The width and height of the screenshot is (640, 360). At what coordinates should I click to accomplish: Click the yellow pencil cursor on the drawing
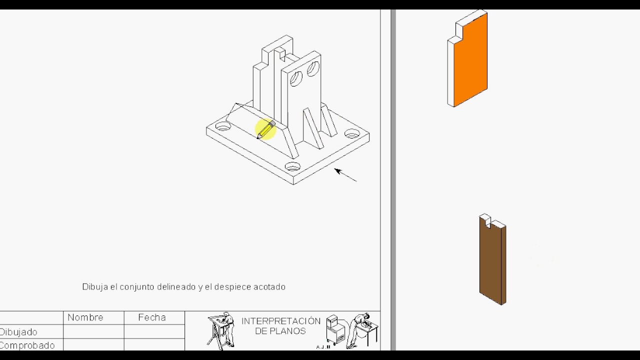265,129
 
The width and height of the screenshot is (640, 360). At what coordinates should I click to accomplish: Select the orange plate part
470,60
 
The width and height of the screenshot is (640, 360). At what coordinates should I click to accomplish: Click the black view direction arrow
345,175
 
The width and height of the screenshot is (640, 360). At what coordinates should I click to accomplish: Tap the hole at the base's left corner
223,126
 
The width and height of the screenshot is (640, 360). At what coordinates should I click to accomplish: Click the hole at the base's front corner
292,166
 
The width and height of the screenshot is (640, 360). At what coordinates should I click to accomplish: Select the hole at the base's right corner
352,134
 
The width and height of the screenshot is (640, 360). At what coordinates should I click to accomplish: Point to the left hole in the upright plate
296,78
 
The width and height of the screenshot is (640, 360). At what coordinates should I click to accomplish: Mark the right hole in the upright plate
313,68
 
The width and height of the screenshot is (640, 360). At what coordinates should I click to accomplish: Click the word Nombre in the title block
85,317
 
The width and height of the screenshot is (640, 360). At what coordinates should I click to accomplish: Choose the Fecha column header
152,317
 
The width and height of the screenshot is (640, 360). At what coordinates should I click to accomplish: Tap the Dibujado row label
18,332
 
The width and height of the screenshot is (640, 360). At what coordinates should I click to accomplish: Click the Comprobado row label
27,345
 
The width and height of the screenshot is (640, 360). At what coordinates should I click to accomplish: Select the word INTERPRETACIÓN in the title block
280,321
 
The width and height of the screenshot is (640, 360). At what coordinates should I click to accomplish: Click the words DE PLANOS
280,331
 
